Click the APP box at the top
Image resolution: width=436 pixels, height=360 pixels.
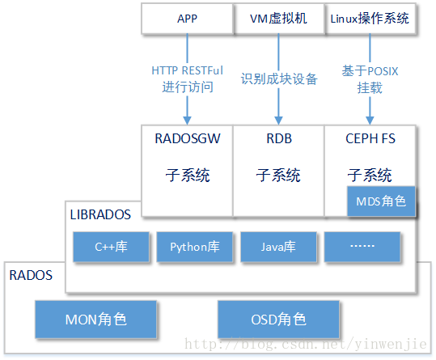click(187, 19)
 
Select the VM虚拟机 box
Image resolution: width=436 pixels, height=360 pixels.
click(278, 19)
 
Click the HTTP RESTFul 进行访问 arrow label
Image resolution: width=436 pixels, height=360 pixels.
click(187, 78)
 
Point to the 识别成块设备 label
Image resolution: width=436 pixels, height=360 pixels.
click(279, 79)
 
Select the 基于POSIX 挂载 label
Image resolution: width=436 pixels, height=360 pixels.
click(370, 78)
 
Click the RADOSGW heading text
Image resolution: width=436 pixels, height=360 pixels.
click(187, 138)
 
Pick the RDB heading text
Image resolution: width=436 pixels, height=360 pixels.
click(278, 138)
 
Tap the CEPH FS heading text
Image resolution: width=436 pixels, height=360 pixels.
click(370, 138)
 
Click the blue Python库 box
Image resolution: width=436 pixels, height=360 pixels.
click(194, 247)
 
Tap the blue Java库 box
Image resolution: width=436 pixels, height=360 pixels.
click(278, 247)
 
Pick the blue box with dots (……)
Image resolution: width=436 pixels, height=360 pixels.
click(362, 247)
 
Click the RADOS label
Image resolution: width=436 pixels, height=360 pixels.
click(31, 275)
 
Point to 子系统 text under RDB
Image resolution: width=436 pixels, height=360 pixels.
click(278, 175)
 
